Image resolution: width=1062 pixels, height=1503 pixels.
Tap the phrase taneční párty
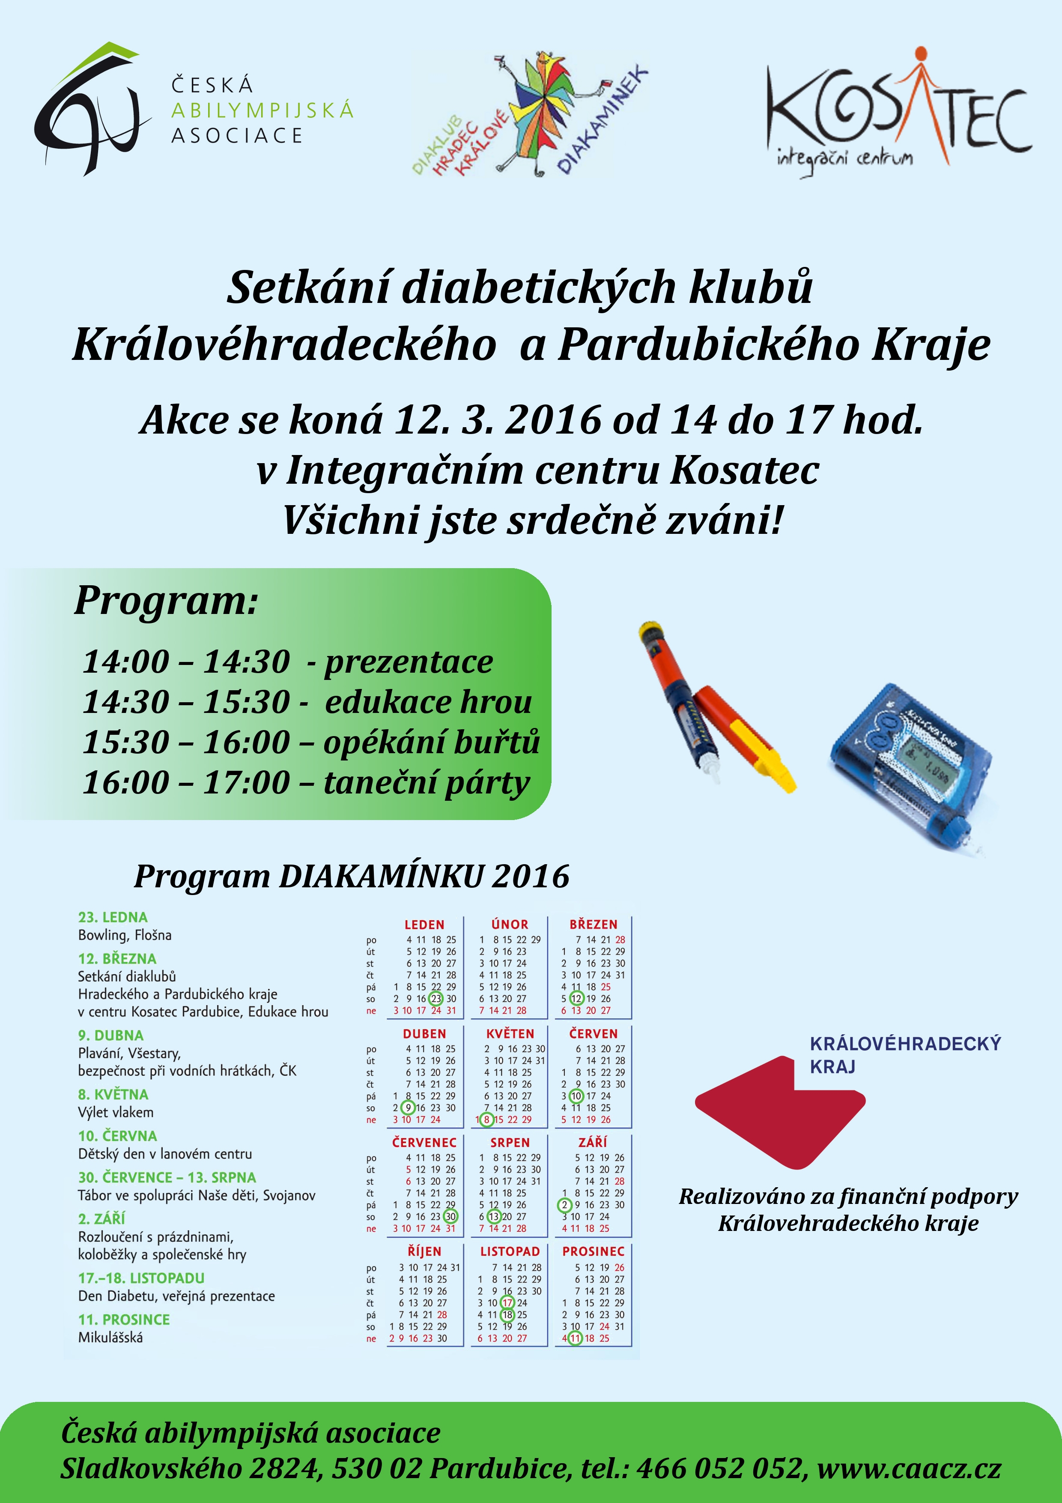426,782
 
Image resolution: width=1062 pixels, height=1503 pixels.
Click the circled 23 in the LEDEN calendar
436,999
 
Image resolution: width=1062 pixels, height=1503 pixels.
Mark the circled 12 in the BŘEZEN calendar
576,999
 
